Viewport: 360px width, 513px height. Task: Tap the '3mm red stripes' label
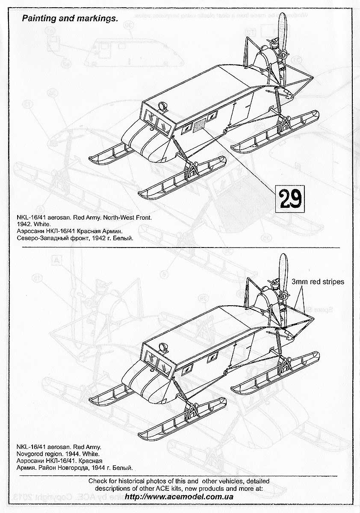pyautogui.click(x=318, y=282)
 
